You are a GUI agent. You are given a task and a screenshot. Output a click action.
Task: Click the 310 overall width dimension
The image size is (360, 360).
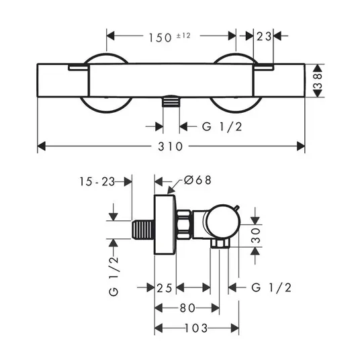(x=171, y=146)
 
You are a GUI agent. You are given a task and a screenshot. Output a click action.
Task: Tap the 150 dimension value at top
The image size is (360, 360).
(x=161, y=38)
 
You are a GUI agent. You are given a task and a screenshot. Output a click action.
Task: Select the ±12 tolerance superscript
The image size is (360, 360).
(x=183, y=36)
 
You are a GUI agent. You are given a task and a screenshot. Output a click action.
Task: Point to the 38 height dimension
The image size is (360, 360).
(x=318, y=81)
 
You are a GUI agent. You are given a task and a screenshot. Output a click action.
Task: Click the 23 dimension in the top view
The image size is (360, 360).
(x=264, y=36)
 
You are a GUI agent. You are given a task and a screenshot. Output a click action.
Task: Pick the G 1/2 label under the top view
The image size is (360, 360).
(x=222, y=126)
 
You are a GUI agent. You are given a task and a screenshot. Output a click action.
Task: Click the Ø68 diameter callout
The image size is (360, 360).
(x=197, y=180)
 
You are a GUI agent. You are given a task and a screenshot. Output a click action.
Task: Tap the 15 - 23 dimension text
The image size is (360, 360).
(x=97, y=181)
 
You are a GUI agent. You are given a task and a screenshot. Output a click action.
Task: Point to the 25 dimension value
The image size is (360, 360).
(x=165, y=288)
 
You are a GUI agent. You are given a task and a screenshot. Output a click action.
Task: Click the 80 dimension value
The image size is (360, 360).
(x=188, y=308)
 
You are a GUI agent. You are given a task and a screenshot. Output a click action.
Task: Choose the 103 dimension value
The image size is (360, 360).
(x=196, y=328)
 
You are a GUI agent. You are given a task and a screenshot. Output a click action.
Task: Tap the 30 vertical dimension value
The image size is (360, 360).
(x=256, y=235)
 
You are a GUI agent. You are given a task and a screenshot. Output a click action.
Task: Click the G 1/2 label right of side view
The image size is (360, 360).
(x=271, y=287)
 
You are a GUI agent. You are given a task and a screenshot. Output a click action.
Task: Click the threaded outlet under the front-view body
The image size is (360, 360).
(x=171, y=101)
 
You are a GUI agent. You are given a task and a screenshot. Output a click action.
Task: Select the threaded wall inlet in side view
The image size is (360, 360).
(x=143, y=230)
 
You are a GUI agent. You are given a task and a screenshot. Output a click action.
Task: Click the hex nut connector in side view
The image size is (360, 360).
(x=183, y=225)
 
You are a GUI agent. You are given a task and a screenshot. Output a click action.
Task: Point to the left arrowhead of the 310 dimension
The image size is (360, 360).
(x=42, y=146)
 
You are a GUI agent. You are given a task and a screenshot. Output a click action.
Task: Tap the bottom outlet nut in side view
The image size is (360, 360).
(x=220, y=243)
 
